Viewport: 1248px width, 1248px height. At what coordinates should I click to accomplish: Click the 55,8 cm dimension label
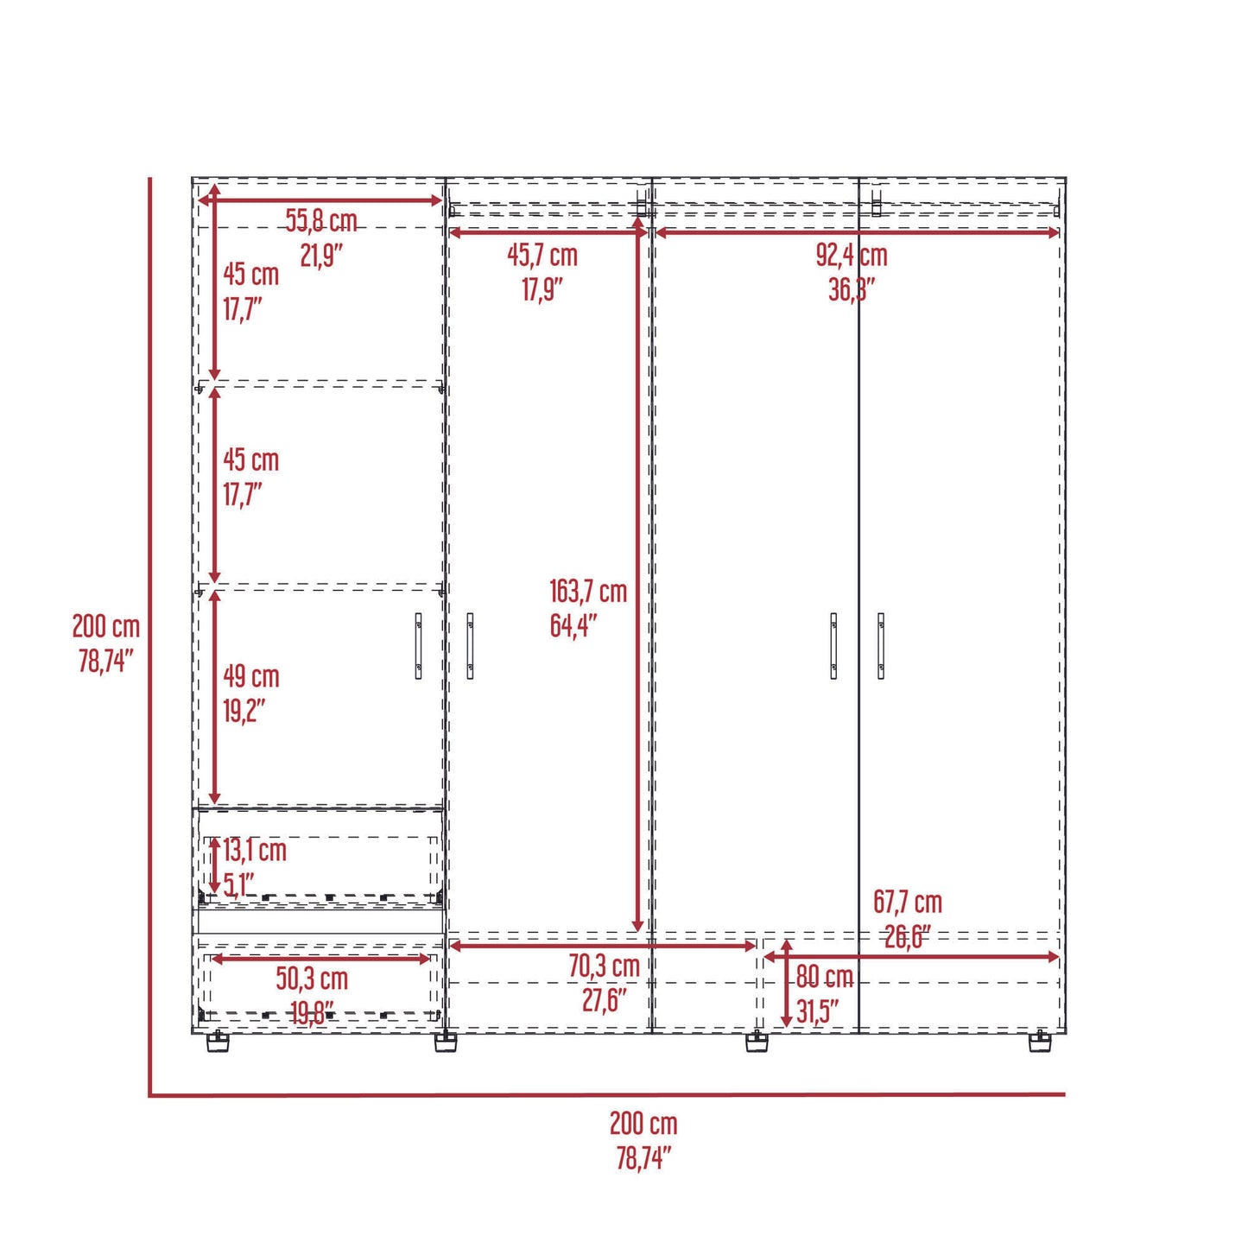click(x=321, y=221)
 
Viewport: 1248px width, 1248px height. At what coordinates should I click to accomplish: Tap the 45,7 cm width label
click(x=542, y=256)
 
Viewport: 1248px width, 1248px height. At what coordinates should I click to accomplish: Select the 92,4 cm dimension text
click(x=852, y=256)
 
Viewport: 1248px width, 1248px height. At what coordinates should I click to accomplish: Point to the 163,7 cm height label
click(x=588, y=592)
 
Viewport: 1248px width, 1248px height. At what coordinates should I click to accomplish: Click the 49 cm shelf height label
click(x=251, y=676)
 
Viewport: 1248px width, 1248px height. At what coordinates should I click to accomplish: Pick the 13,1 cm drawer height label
click(x=255, y=851)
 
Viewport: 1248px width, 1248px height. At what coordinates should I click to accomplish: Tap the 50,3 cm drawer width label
click(x=312, y=979)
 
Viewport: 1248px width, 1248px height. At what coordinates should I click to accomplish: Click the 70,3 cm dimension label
click(x=604, y=966)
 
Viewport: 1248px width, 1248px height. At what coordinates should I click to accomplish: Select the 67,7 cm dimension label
click(x=908, y=903)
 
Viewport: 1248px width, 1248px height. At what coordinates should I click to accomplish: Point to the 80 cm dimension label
click(x=825, y=977)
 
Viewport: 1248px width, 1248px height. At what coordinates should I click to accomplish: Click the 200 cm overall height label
click(x=105, y=626)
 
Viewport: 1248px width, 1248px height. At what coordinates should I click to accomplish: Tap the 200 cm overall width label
click(x=643, y=1124)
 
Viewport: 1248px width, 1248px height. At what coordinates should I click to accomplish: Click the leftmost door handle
click(x=419, y=645)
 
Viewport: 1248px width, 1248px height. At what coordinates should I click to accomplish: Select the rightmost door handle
click(x=881, y=645)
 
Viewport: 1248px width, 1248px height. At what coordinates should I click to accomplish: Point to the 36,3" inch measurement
click(x=852, y=290)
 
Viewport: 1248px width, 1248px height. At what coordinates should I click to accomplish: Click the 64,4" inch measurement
click(x=573, y=625)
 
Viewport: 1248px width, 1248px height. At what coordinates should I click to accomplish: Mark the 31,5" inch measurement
click(x=817, y=1011)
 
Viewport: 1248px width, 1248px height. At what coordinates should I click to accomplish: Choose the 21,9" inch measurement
click(x=321, y=256)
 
